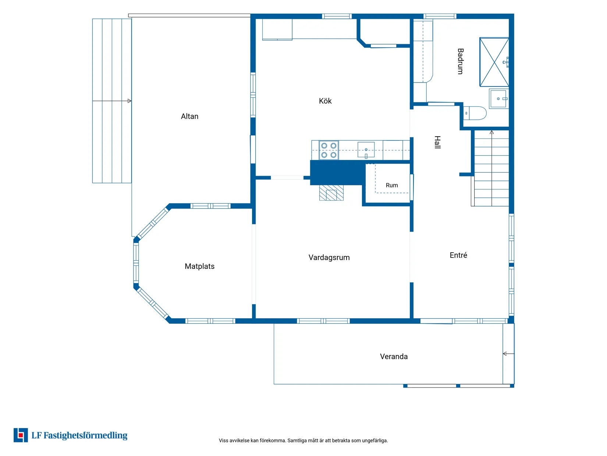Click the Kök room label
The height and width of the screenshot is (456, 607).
point(325,101)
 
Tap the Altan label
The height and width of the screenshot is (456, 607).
point(189,116)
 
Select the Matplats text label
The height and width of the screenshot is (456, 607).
point(199,266)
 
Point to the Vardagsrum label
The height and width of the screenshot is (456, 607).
point(329,258)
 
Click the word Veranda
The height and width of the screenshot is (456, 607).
point(394,357)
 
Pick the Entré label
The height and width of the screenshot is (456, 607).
point(458,255)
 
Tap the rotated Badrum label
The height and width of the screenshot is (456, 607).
point(460,61)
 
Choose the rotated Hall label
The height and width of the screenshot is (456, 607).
point(437,142)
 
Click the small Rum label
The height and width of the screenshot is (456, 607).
point(392,185)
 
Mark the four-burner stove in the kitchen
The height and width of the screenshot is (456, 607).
point(329,150)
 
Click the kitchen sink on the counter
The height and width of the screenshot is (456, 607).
point(366,150)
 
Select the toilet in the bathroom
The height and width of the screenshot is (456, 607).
point(475,113)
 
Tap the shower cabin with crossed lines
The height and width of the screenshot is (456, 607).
point(494,62)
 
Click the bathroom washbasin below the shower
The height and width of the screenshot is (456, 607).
point(498,99)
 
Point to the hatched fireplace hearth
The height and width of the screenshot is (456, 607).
point(331,193)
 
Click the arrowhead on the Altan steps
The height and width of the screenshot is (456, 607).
point(129,101)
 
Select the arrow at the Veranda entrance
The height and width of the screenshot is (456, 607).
point(508,354)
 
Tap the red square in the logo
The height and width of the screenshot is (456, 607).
point(21,435)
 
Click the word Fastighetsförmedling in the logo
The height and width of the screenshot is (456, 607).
point(85,435)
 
